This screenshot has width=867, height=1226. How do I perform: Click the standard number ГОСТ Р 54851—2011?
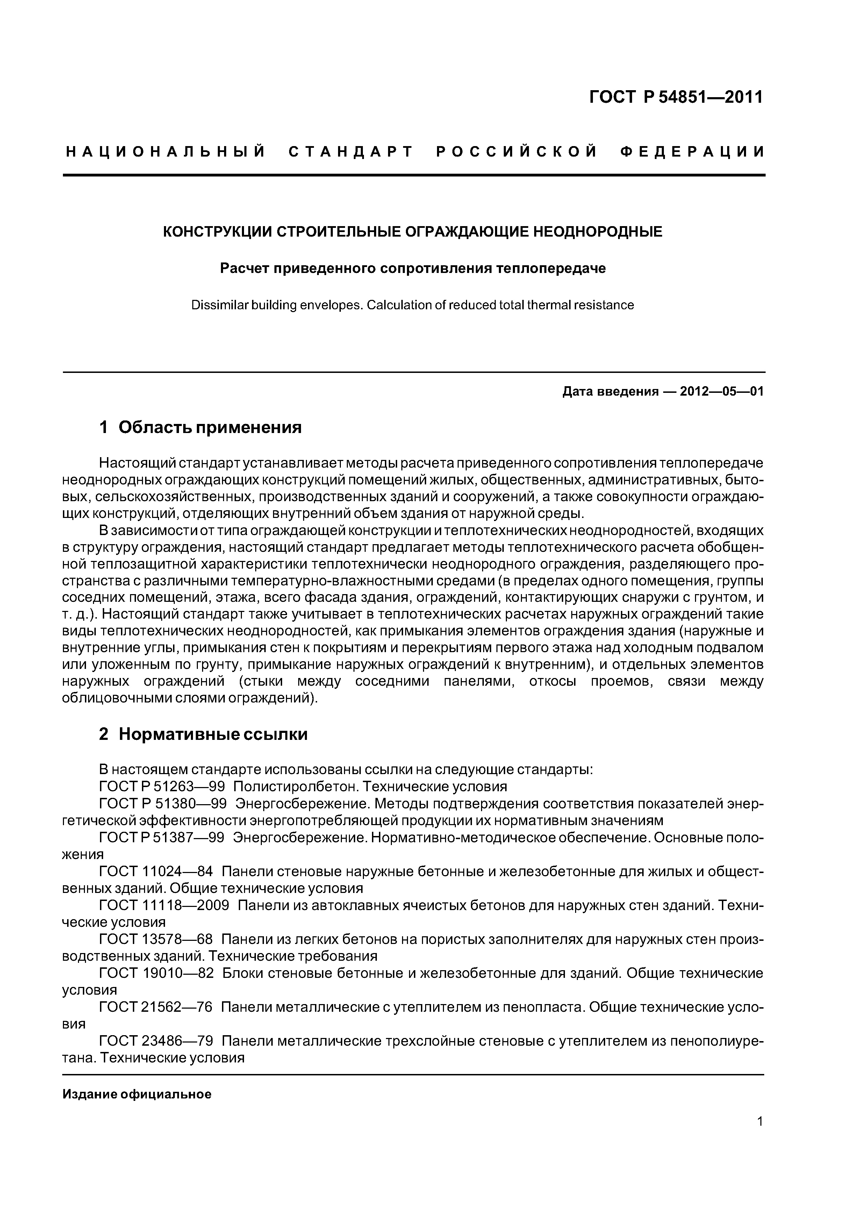click(676, 97)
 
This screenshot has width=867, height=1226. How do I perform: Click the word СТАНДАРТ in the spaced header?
click(351, 152)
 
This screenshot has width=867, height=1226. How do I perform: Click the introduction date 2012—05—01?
click(722, 391)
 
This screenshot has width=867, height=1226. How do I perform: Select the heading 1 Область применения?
click(200, 427)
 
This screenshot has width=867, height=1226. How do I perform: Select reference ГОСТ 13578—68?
click(156, 939)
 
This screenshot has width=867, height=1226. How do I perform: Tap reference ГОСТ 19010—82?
click(156, 973)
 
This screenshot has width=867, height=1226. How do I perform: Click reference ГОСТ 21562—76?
click(156, 1007)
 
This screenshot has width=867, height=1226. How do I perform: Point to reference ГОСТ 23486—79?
click(156, 1041)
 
